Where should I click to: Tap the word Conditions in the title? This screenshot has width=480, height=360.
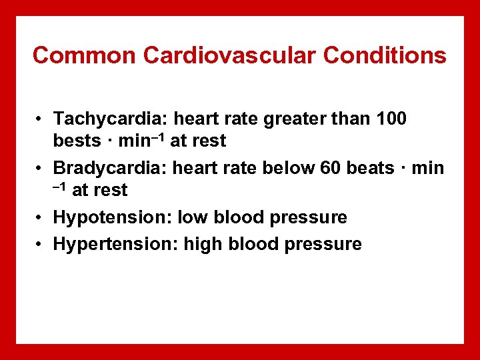(385, 55)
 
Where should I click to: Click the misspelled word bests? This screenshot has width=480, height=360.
(74, 141)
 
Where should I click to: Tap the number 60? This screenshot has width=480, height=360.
(330, 168)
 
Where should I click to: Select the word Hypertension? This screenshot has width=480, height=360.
(108, 245)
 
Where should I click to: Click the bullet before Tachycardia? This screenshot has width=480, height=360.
(41, 119)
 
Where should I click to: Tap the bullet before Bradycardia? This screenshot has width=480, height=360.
(41, 168)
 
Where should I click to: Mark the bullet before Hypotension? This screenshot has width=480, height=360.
(41, 218)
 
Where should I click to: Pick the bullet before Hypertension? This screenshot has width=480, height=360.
(41, 245)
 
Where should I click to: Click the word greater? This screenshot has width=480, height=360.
(294, 119)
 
